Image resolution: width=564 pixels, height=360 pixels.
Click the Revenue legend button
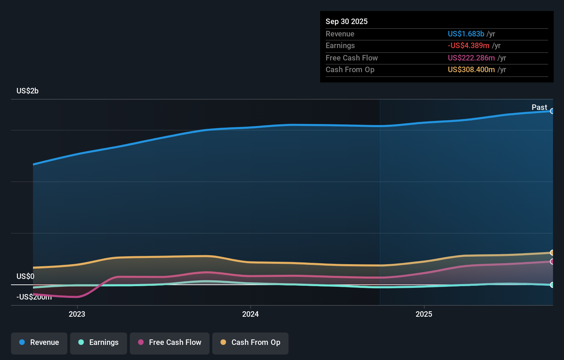[39, 343]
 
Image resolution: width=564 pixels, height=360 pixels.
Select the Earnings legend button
[99, 343]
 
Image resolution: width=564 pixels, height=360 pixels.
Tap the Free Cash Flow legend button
[170, 343]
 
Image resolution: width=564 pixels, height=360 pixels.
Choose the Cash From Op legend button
[250, 343]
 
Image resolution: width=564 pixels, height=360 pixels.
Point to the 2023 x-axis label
[77, 314]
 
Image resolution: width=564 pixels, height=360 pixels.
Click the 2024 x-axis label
[250, 314]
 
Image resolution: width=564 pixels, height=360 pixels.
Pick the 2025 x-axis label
[424, 314]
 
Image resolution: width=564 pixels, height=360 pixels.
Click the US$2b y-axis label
[27, 91]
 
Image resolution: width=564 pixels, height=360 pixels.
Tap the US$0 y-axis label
[25, 277]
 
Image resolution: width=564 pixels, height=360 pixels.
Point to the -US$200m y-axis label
[34, 297]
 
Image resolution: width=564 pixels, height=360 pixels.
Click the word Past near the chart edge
[539, 108]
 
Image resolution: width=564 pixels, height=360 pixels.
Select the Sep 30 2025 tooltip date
[347, 22]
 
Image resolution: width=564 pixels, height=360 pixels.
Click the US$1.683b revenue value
[466, 34]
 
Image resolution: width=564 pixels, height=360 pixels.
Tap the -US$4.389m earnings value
[469, 46]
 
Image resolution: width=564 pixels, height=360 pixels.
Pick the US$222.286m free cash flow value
[471, 58]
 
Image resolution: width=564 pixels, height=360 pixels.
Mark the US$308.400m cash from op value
[471, 70]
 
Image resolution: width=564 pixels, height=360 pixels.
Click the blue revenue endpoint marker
[552, 111]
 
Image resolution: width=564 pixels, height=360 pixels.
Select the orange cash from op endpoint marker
[552, 253]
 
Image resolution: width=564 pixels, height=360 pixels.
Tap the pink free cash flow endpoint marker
[552, 262]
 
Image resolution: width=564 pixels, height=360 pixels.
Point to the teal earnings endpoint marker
[552, 285]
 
